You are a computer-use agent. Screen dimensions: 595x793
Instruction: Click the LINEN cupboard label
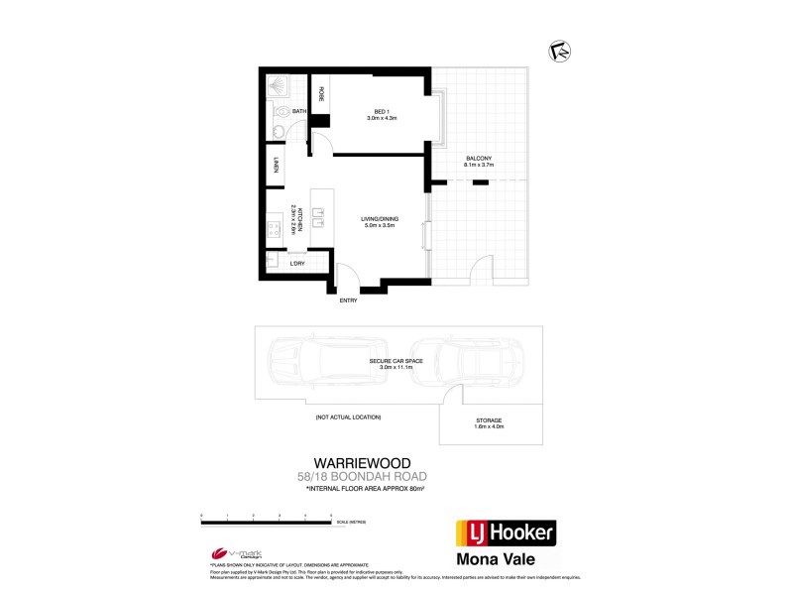[277, 167]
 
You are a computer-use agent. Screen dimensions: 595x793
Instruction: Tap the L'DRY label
[296, 264]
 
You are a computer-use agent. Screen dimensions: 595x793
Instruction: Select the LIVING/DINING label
[381, 223]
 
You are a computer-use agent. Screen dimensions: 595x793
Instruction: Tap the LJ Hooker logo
[506, 534]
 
